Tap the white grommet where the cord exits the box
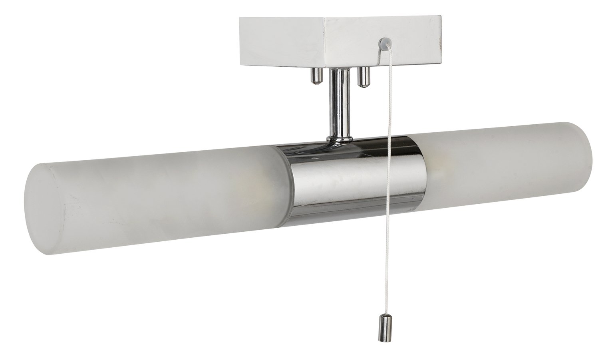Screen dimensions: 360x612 point(385,41)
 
